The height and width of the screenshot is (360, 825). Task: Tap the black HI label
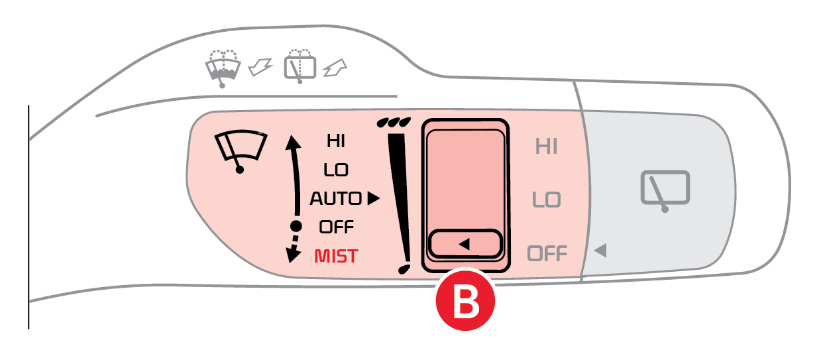point(336,141)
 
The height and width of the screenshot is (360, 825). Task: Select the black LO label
point(336,170)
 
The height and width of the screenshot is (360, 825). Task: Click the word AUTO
point(336,198)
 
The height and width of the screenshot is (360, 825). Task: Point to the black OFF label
point(336,227)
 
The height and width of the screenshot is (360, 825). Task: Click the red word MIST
point(336,256)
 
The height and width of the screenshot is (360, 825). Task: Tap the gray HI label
point(547,147)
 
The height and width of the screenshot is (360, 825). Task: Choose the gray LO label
point(547,200)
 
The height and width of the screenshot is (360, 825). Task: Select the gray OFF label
point(547,253)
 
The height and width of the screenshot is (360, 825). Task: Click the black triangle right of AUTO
point(374,198)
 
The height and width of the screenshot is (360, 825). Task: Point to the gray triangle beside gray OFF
point(600,251)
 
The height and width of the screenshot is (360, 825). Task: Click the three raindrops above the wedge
point(392,123)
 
